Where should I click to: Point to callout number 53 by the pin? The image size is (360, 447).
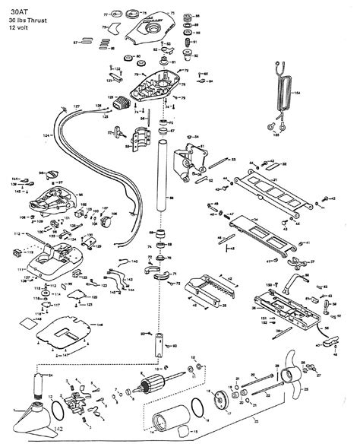(x=232, y=159)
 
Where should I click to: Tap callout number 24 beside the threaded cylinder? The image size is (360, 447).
(x=51, y=376)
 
